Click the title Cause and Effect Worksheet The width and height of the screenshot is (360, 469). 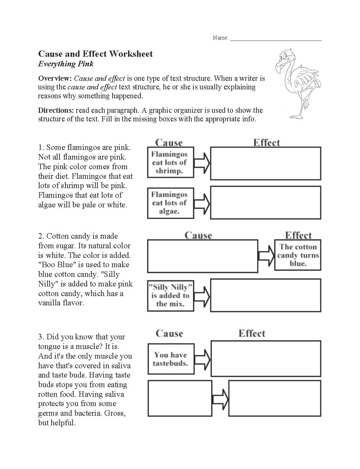[x=95, y=54]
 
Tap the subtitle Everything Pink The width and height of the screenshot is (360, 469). [x=66, y=64]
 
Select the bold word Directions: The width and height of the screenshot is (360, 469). [x=56, y=110]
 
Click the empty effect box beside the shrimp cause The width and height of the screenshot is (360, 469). [x=265, y=163]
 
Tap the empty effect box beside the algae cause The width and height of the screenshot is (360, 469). [x=265, y=203]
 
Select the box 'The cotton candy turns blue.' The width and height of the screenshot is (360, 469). [x=298, y=255]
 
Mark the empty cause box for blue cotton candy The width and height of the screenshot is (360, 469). [x=202, y=256]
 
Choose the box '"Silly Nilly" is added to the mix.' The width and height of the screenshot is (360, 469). [x=170, y=295]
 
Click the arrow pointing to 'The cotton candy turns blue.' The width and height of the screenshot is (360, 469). [x=266, y=255]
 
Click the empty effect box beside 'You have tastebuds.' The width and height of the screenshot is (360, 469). [x=266, y=359]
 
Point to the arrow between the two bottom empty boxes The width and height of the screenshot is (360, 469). [x=220, y=399]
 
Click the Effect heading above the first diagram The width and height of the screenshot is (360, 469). [x=266, y=143]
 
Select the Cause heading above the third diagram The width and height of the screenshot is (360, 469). [x=169, y=334]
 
